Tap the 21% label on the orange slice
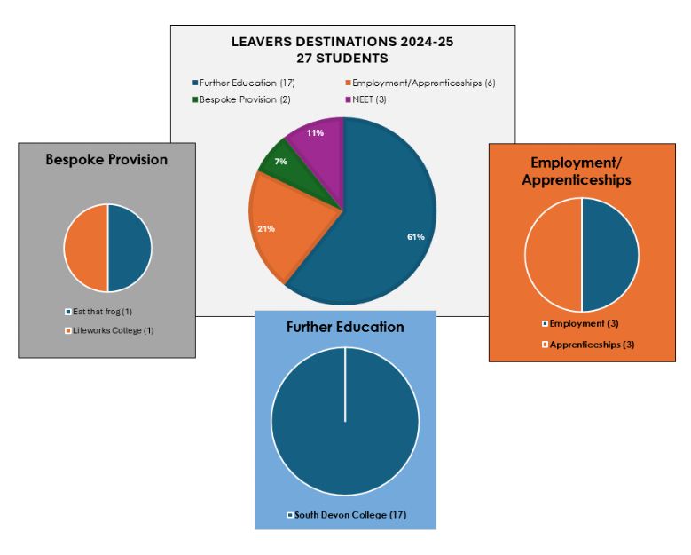pos(266,229)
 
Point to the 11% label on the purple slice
pos(315,132)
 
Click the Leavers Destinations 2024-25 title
pos(342,42)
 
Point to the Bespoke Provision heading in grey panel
pos(106,160)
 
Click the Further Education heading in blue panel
pos(345,327)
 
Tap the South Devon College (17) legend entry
pos(347,515)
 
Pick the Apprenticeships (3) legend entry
pos(586,345)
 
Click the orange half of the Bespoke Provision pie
pos(86,248)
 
